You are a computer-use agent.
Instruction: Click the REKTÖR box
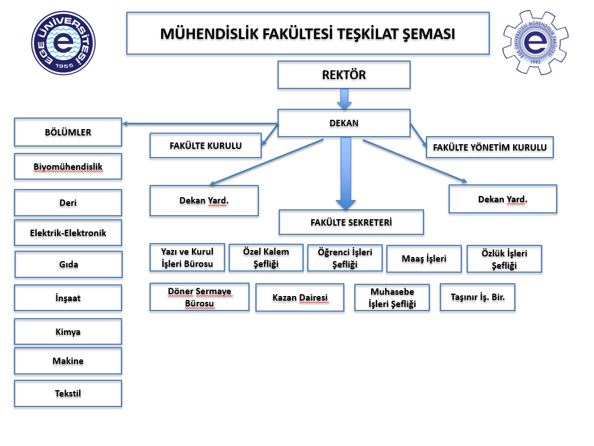tap(344, 75)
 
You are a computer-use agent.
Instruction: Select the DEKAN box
tap(344, 123)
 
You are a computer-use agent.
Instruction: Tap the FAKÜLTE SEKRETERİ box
tap(351, 222)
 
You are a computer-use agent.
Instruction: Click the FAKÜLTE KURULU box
tap(205, 145)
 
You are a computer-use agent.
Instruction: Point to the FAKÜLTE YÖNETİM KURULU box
tap(489, 147)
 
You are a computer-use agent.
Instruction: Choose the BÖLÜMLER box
tap(68, 133)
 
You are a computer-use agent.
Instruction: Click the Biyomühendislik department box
tap(68, 167)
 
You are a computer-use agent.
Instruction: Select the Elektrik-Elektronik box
tap(68, 233)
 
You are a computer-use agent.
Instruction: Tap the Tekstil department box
tap(68, 394)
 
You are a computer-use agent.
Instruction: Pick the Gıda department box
tap(68, 265)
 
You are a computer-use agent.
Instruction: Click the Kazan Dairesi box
tap(300, 298)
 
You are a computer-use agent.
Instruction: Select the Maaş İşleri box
tap(424, 259)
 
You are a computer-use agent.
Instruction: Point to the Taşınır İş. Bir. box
tap(478, 297)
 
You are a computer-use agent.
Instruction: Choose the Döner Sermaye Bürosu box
tap(200, 297)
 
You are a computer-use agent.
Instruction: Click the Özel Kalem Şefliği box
tap(266, 258)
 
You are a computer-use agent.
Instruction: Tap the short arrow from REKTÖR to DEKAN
tap(344, 99)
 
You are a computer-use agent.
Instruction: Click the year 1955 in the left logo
tap(64, 66)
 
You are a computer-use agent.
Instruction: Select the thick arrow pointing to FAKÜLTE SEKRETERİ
tap(346, 174)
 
